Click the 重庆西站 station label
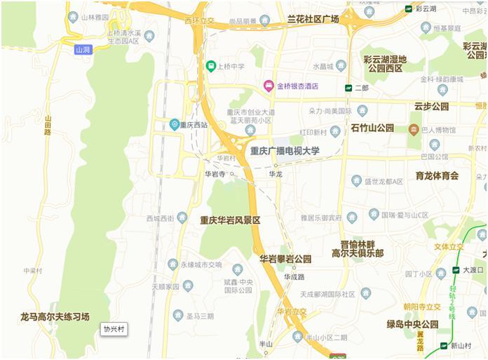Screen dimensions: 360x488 click(194, 125)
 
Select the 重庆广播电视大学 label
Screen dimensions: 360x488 click(285, 151)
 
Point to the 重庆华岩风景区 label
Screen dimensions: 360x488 click(230, 220)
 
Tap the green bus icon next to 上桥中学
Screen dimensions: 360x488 click(210, 67)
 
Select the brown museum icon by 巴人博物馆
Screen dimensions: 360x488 click(414, 130)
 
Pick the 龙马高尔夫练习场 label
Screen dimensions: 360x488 click(55, 317)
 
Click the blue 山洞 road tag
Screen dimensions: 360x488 click(83, 50)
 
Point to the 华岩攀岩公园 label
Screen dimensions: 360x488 click(285, 259)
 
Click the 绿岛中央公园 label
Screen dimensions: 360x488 click(412, 324)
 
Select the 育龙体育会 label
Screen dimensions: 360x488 click(437, 175)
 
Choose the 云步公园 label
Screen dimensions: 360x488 click(431, 107)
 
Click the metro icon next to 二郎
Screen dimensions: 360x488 click(348, 88)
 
